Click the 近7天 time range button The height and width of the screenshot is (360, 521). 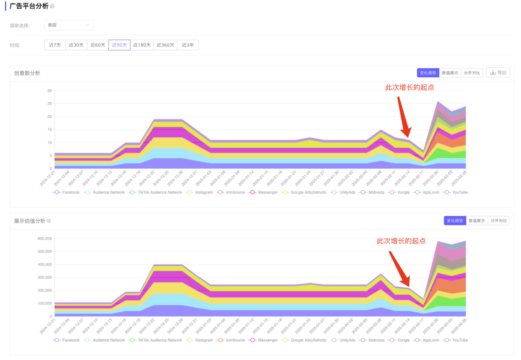[55, 45]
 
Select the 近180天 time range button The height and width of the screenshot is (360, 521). [142, 45]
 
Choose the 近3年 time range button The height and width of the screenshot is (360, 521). [188, 45]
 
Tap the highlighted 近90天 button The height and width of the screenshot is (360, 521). [119, 45]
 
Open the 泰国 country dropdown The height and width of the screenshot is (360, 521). [69, 25]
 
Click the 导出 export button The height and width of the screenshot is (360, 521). [498, 73]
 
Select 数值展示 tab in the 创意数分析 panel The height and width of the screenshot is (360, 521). [450, 73]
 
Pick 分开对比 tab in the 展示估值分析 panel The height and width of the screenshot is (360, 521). [499, 221]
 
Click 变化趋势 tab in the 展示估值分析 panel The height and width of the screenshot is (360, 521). [455, 221]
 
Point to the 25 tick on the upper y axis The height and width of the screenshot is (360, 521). [49, 103]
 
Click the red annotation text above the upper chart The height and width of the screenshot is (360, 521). [409, 87]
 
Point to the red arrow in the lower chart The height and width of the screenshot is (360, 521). [399, 268]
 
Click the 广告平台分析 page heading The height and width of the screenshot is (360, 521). [29, 6]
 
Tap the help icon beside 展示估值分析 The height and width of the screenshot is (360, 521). [49, 221]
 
